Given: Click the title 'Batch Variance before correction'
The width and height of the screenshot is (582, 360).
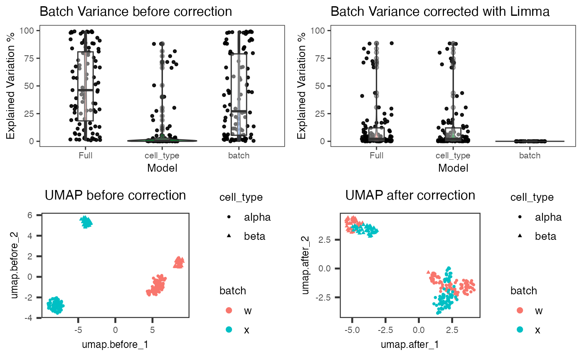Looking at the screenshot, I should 136,12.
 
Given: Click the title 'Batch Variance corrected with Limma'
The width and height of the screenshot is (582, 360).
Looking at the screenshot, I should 440,12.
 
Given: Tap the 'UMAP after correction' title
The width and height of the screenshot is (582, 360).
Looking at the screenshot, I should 410,195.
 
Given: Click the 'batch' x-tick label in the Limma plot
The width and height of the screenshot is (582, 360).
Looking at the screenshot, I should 530,155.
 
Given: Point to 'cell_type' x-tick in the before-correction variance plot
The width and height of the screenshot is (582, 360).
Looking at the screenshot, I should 162,155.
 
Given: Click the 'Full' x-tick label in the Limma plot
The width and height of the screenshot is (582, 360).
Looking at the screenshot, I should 376,155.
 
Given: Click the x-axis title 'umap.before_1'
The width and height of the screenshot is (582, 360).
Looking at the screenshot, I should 115,345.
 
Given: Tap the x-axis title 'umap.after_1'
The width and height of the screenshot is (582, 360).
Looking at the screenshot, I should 410,345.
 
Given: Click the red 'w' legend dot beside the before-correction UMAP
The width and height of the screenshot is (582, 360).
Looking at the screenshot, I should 228,311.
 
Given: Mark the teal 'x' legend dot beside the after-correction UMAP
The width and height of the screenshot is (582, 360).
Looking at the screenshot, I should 519,330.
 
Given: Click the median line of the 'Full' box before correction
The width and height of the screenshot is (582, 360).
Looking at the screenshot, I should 85,90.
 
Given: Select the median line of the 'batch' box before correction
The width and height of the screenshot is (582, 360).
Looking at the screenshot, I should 239,111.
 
